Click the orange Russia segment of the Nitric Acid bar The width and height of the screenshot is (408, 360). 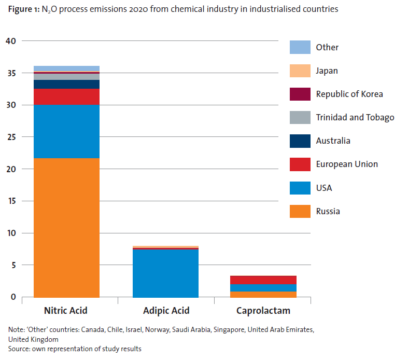(x=67, y=227)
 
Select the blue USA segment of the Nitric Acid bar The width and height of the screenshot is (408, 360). (x=67, y=132)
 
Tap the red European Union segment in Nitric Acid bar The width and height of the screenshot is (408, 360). (x=67, y=97)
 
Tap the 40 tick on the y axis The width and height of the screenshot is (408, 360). (x=11, y=41)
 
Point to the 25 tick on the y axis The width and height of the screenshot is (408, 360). (x=11, y=137)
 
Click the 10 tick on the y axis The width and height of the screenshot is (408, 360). (x=11, y=233)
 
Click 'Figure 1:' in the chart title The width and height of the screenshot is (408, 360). (x=23, y=9)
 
